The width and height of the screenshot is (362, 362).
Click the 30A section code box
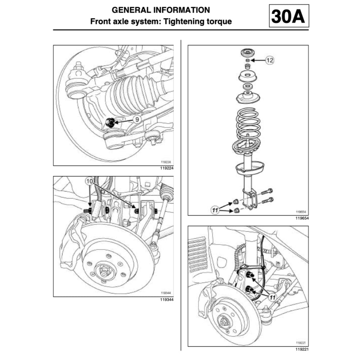click(289, 16)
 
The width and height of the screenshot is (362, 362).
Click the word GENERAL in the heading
click(129, 10)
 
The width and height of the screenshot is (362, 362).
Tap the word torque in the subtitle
click(218, 21)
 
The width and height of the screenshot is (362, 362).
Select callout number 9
click(136, 119)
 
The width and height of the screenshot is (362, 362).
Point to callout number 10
click(89, 181)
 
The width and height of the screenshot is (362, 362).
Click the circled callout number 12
click(269, 60)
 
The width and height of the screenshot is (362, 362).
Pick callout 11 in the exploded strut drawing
click(216, 210)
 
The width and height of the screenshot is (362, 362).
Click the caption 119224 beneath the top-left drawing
click(166, 168)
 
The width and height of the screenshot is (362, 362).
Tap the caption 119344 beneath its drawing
click(166, 300)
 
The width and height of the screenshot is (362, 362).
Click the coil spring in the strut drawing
click(248, 124)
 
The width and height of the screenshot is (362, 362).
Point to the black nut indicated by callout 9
click(109, 122)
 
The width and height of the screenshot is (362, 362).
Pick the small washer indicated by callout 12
click(248, 60)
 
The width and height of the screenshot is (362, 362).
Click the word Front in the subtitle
click(101, 21)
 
